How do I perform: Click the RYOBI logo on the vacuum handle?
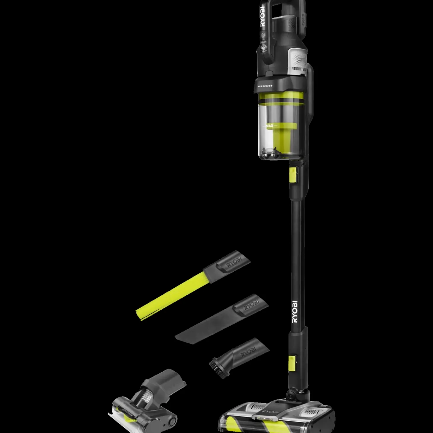[263, 17]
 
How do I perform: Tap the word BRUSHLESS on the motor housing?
[265, 86]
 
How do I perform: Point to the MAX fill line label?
[270, 126]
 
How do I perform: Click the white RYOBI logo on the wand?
[294, 312]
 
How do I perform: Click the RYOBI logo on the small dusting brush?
[248, 351]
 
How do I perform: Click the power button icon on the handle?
[263, 35]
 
